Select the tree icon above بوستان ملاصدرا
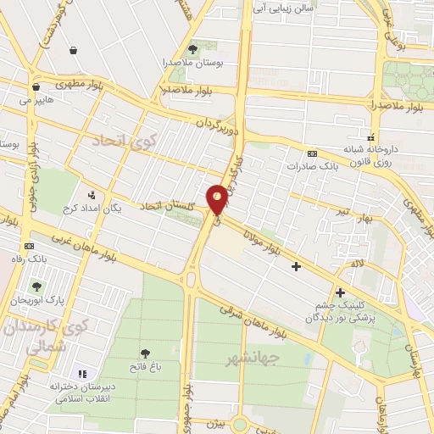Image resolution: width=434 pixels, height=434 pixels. click(x=192, y=49)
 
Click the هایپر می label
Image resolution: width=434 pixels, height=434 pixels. click(x=36, y=99)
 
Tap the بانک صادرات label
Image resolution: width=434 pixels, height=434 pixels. click(x=306, y=166)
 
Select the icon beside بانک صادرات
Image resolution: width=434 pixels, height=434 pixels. click(x=313, y=153)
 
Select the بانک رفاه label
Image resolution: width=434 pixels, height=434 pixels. click(x=33, y=259)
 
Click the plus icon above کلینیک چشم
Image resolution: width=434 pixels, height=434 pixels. click(x=340, y=292)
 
